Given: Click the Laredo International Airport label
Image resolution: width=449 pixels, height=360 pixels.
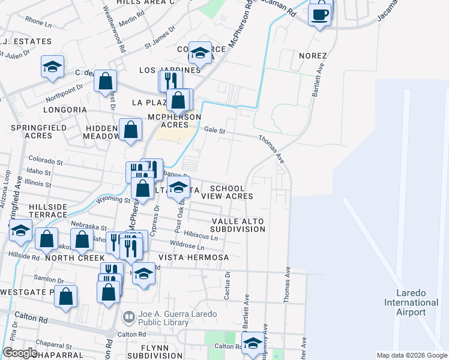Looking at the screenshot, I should pos(411,302).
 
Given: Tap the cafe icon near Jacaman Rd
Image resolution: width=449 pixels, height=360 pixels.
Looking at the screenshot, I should pos(320,13).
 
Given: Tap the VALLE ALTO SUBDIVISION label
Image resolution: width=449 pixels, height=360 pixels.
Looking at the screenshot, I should pos(238,225).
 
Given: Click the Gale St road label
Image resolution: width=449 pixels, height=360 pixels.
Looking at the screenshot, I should pos(214,130).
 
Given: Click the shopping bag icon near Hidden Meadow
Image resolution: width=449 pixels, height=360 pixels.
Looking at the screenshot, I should pos(130,129).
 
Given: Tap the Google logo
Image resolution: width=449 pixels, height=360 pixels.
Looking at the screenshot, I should pos(20,353).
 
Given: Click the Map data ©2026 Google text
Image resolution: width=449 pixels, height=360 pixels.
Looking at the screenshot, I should pos(411,355).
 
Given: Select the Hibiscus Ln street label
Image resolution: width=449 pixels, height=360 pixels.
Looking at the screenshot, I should pos(200,236).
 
